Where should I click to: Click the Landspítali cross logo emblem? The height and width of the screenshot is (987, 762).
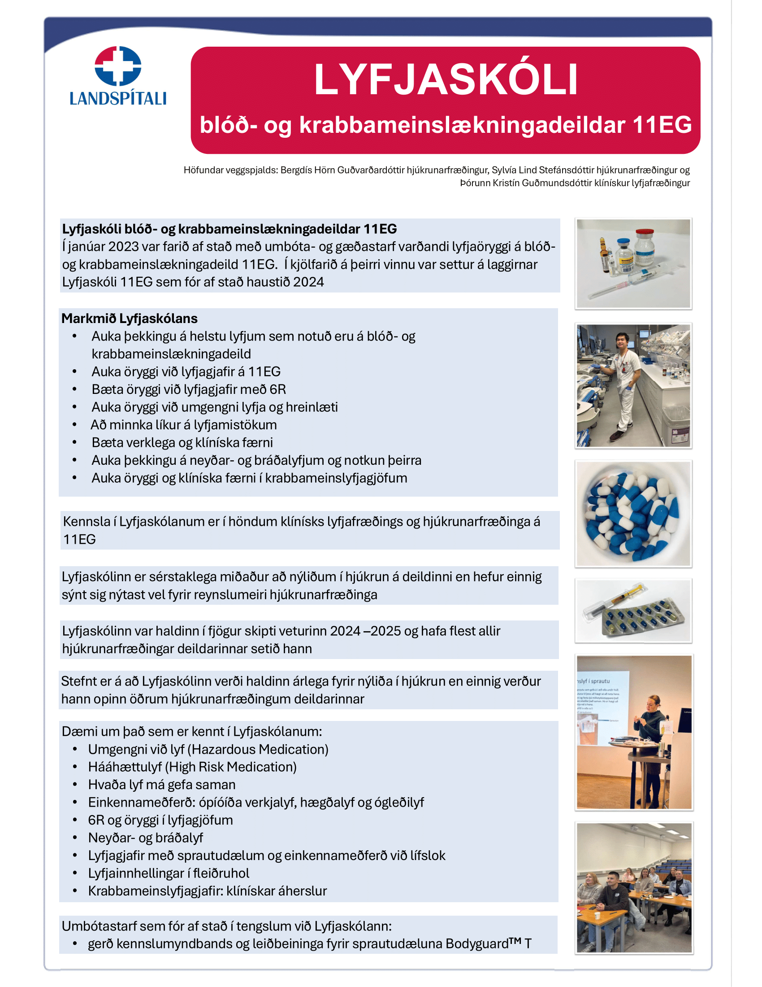click(x=118, y=66)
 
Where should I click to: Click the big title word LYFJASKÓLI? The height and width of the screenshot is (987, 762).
click(x=446, y=80)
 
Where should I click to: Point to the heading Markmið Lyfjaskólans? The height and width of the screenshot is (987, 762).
click(x=130, y=319)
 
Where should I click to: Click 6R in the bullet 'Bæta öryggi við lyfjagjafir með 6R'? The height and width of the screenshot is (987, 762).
click(x=278, y=389)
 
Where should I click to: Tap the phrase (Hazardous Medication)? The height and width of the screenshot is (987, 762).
click(x=259, y=749)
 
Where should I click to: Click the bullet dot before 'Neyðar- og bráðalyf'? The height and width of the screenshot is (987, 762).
click(x=75, y=838)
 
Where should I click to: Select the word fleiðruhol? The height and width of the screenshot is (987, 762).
click(x=221, y=873)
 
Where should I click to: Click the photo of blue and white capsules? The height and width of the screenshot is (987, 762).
click(x=633, y=514)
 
